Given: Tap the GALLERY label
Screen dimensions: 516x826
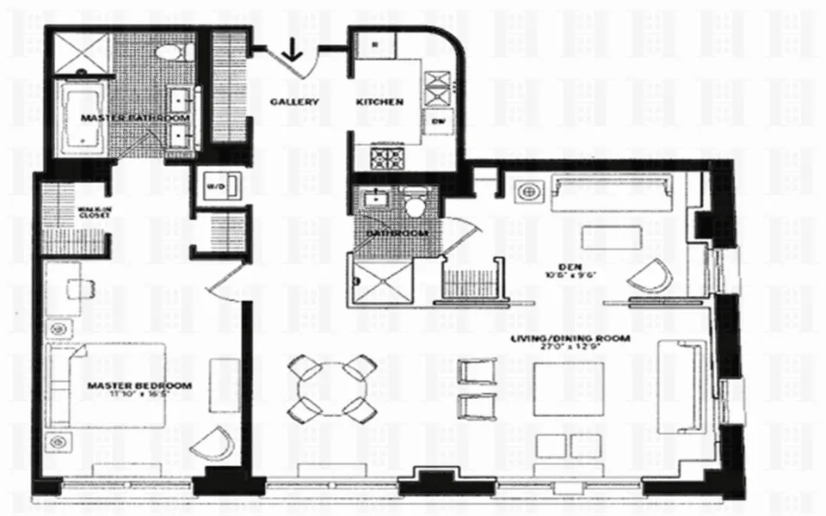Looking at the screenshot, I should [x=294, y=101].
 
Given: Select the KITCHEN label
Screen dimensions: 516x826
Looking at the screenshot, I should [x=379, y=101].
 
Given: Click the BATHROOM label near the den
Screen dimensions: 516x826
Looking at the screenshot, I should [x=396, y=233].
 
